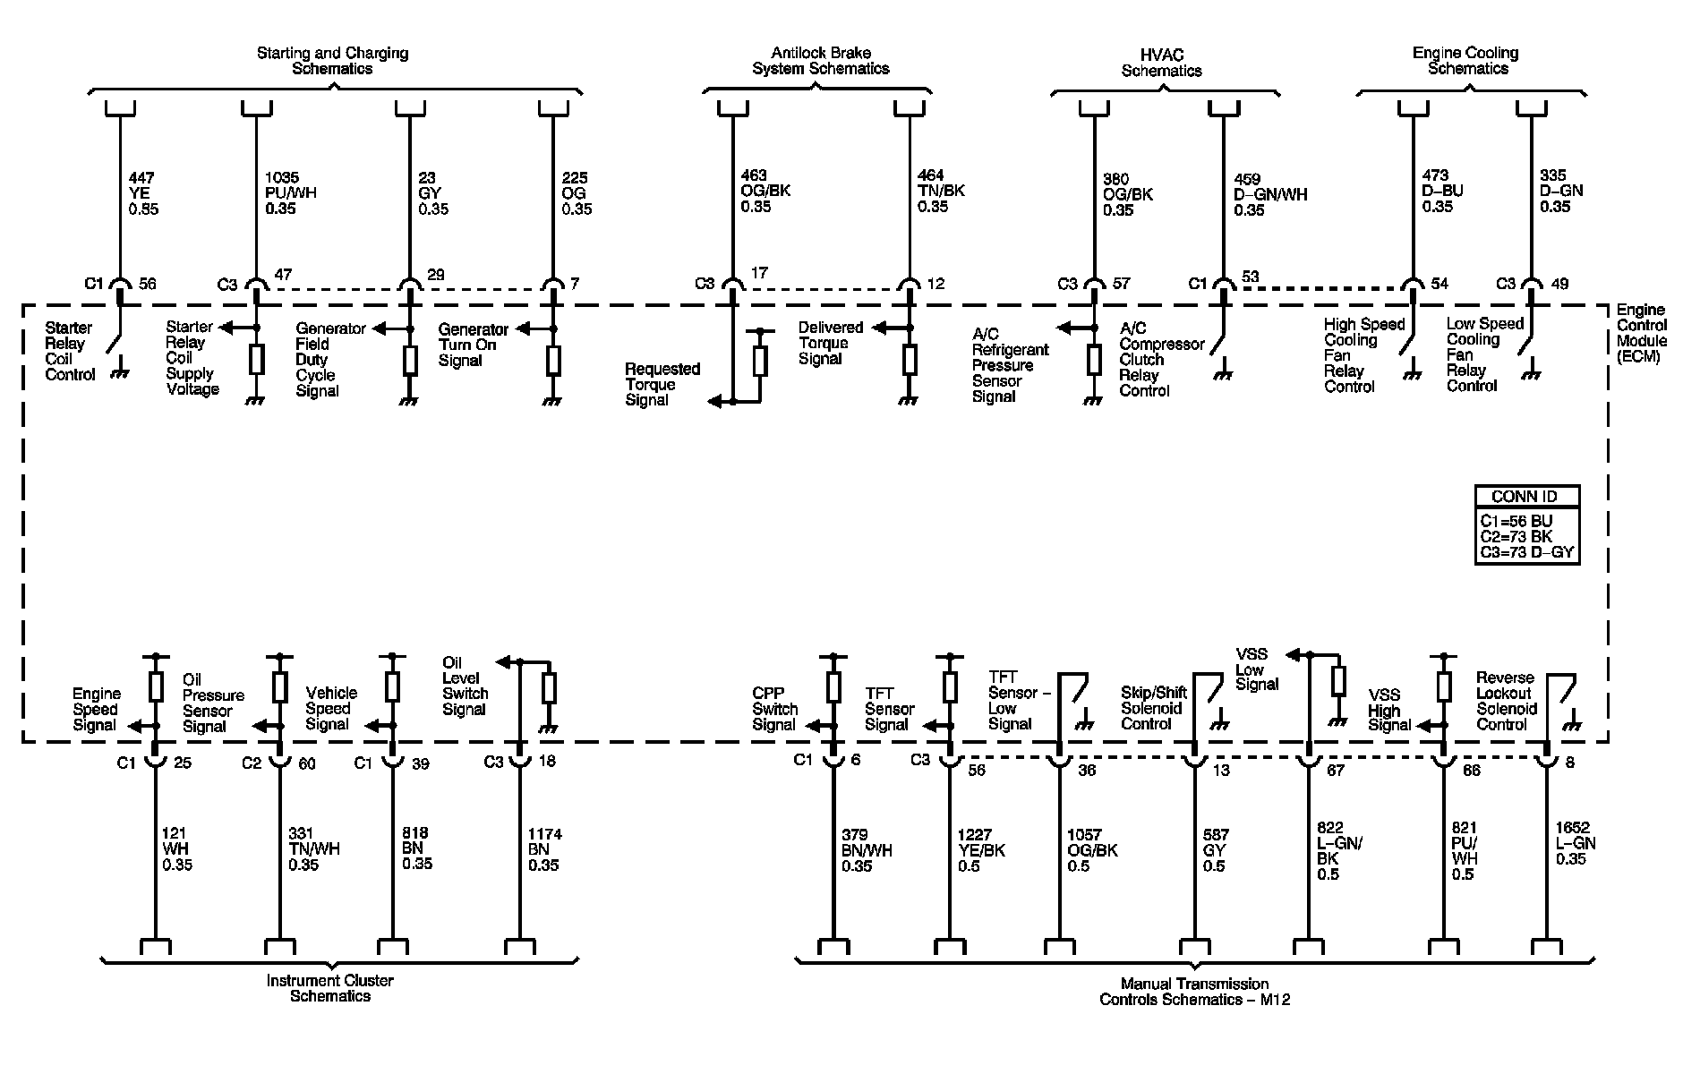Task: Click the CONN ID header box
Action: click(1525, 497)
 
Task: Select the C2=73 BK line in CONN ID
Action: click(1516, 537)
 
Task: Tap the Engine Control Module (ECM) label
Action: click(1641, 333)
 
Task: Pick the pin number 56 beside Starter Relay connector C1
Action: click(148, 284)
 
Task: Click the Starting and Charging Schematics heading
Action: click(332, 61)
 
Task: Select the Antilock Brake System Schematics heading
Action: click(820, 61)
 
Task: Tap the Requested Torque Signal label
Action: click(662, 384)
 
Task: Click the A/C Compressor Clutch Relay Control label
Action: click(1161, 359)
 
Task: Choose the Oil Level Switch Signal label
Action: click(464, 686)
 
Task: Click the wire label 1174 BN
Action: click(543, 849)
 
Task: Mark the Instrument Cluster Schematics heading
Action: click(330, 988)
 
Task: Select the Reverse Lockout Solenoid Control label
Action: click(1506, 701)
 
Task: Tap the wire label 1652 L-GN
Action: click(1576, 843)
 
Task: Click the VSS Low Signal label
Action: click(1256, 669)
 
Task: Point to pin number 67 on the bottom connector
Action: click(1335, 771)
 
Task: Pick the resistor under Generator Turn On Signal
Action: click(553, 361)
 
